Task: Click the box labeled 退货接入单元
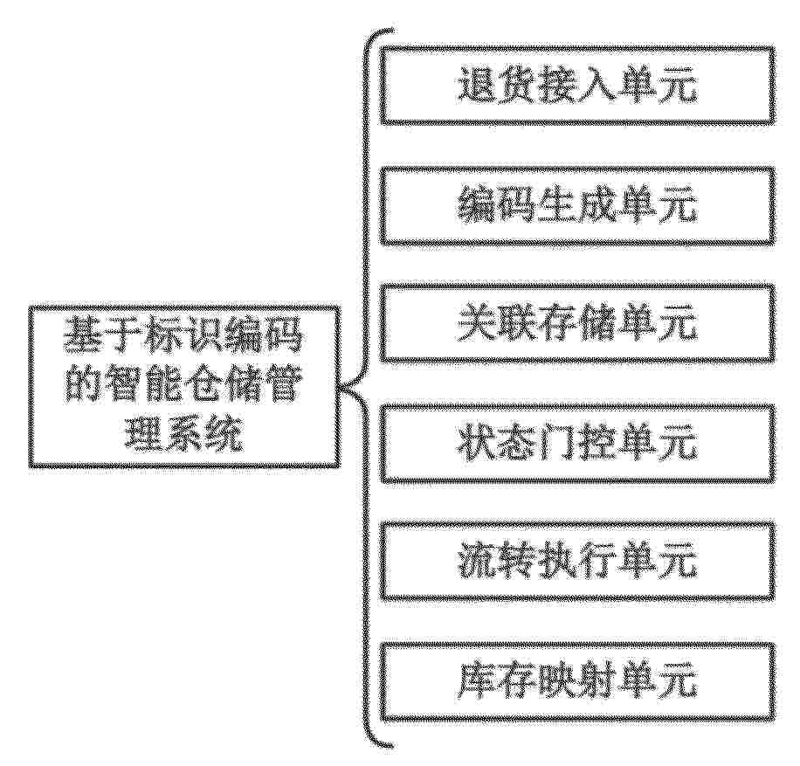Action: (x=578, y=86)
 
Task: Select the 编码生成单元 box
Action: (x=578, y=205)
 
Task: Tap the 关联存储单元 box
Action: (x=578, y=323)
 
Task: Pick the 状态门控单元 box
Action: (x=578, y=444)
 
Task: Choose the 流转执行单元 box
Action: (x=578, y=562)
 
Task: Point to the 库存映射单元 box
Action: (x=578, y=682)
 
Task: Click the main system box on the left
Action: (x=184, y=386)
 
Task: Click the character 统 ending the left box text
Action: (x=224, y=435)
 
